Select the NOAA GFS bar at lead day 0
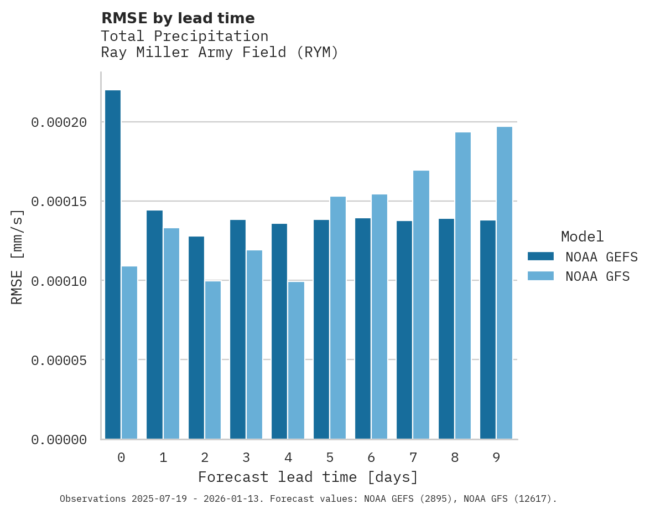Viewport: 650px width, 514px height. pos(129,353)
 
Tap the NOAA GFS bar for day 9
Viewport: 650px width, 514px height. pos(505,283)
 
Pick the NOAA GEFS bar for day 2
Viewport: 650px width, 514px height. pos(196,338)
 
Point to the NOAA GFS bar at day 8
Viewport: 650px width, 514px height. pos(463,286)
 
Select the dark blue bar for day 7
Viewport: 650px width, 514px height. pos(404,330)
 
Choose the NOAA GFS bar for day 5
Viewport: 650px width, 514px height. pos(338,318)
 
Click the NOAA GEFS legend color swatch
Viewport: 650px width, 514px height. pos(541,256)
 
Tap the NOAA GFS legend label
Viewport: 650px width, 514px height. pos(597,276)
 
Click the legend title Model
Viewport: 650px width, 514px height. pos(582,237)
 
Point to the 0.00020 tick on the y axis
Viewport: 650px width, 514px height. pos(59,122)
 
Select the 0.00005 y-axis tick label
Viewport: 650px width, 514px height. pos(59,361)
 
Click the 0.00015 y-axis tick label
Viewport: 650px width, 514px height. pos(59,202)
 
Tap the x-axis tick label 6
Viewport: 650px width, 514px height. pos(371,458)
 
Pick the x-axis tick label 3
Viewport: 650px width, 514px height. pos(246,458)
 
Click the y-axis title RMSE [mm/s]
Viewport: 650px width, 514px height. pos(17,257)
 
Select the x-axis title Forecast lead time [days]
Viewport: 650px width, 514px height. pos(308,477)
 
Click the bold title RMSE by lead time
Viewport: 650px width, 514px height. pos(178,18)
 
